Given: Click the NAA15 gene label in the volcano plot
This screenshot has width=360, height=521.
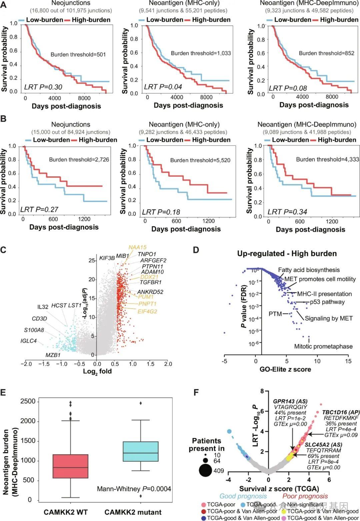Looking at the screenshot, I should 138,247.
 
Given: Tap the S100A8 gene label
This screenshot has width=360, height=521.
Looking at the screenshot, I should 34,330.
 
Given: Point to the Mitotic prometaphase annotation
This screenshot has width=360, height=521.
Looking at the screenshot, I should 323,346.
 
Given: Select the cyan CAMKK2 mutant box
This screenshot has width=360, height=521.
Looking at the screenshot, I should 140,451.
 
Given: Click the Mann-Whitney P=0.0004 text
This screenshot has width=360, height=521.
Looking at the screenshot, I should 134,489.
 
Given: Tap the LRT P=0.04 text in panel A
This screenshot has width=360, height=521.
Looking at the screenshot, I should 163,87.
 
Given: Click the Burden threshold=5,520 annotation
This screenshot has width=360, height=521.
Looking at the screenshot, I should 200,160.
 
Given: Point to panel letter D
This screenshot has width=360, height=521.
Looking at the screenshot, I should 196,250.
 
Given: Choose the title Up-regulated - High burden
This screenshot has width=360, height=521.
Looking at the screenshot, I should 287,254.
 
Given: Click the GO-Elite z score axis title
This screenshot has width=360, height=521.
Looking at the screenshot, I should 285,369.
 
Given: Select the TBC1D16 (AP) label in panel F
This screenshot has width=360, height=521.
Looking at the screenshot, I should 336,412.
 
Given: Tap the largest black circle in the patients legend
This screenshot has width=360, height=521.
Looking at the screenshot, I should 206,471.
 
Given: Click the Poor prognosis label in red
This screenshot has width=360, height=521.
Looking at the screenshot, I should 305,496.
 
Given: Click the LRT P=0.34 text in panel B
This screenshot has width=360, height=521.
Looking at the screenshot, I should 287,212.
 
